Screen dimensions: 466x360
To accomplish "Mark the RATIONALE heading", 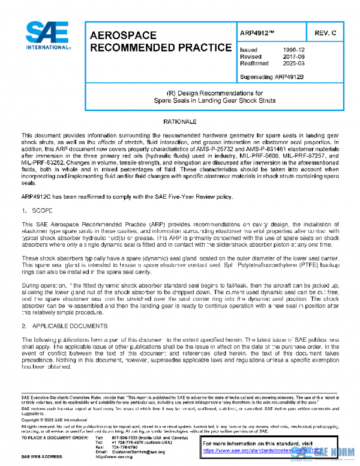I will click(180, 121).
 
